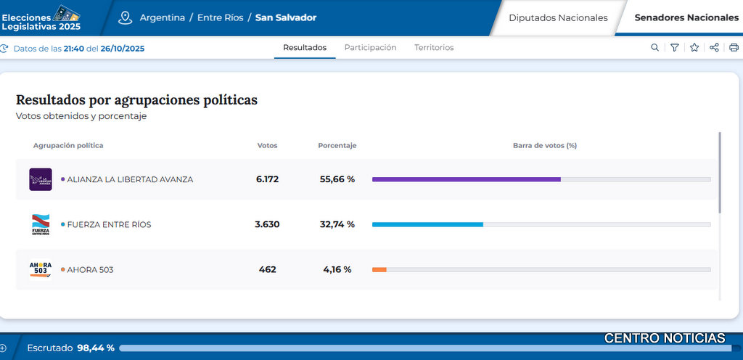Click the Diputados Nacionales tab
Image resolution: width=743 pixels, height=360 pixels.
pyautogui.click(x=558, y=17)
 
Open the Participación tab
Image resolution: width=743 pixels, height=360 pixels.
pyautogui.click(x=370, y=48)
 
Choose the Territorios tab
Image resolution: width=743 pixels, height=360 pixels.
pyautogui.click(x=434, y=48)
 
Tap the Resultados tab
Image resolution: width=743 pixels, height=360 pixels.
pyautogui.click(x=305, y=48)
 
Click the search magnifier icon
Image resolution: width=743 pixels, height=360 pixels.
pyautogui.click(x=655, y=48)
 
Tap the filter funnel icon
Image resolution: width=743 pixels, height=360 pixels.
pyautogui.click(x=675, y=48)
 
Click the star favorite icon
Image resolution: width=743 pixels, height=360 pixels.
pyautogui.click(x=694, y=48)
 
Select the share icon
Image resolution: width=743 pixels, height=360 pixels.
pyautogui.click(x=714, y=48)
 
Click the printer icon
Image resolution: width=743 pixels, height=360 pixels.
pyautogui.click(x=734, y=48)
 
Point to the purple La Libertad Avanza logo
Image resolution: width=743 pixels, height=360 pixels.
pyautogui.click(x=41, y=179)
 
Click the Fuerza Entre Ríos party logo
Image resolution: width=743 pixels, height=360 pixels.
pyautogui.click(x=41, y=224)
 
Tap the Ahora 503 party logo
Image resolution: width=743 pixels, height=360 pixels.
pyautogui.click(x=41, y=269)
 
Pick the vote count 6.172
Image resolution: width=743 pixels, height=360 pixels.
pyautogui.click(x=267, y=179)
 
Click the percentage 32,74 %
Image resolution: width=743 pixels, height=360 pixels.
pyautogui.click(x=337, y=224)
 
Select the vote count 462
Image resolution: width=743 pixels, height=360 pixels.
pyautogui.click(x=267, y=269)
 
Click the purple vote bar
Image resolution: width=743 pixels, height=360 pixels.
pyautogui.click(x=466, y=179)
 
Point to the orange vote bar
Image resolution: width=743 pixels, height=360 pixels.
pyautogui.click(x=379, y=269)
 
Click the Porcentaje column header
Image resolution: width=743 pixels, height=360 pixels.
pyautogui.click(x=337, y=146)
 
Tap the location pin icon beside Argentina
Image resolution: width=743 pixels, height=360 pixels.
pyautogui.click(x=126, y=17)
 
